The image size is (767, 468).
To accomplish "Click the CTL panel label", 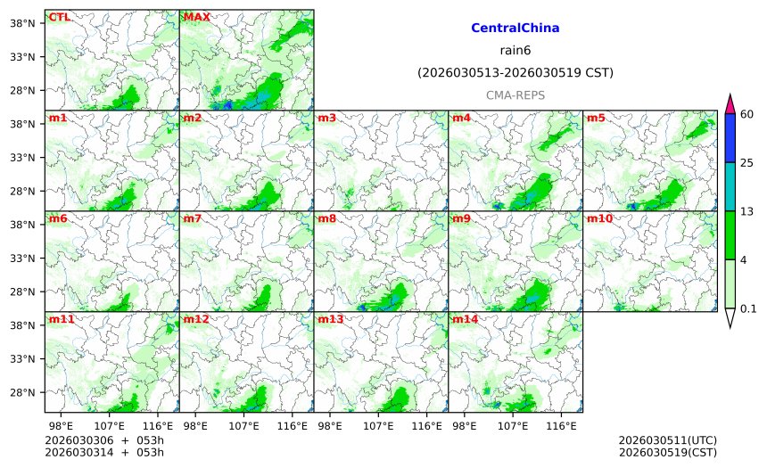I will click(x=60, y=17).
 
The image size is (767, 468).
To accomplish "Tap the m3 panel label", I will click(x=326, y=118).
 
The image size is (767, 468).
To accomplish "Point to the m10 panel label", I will click(x=599, y=218).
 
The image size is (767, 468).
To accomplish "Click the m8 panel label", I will click(x=326, y=218).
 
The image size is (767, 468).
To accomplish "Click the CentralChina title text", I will click(x=515, y=29).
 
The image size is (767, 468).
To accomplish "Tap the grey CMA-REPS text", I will click(x=515, y=94).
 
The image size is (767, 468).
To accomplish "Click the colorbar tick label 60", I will click(x=747, y=113).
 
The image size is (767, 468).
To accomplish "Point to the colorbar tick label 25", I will click(x=747, y=162).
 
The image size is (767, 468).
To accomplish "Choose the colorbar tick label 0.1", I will click(x=749, y=308).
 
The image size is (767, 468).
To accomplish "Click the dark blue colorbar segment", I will click(x=730, y=137).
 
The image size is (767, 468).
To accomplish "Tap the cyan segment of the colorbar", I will click(x=730, y=186).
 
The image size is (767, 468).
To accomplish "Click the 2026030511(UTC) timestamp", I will click(x=667, y=440).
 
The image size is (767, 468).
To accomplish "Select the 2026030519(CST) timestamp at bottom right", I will click(x=667, y=452).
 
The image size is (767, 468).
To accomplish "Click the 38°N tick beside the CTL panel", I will click(x=27, y=23).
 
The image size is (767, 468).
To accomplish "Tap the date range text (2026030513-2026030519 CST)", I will click(x=515, y=72).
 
